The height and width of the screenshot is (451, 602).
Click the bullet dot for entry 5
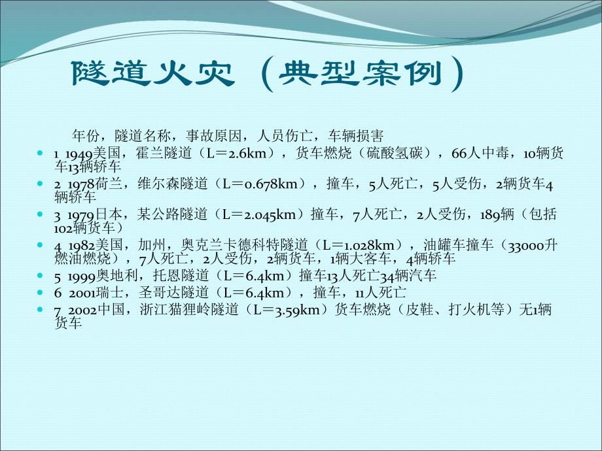coord(43,275)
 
